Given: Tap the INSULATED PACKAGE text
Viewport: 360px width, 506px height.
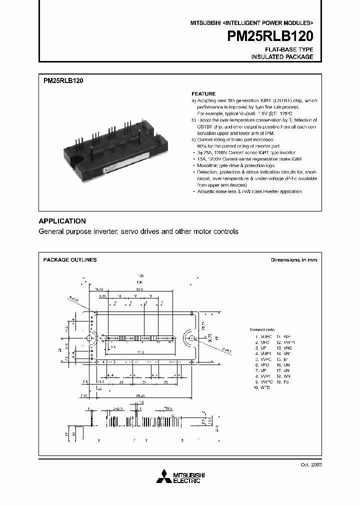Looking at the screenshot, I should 282,57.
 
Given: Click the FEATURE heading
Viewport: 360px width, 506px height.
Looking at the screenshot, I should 203,93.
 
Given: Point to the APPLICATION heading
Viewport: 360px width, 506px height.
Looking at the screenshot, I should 62,221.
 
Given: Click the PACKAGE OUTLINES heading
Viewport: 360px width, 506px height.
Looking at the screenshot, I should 70,260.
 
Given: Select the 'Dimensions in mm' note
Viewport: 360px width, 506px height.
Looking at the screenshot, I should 293,260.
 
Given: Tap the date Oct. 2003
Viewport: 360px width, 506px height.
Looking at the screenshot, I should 310,464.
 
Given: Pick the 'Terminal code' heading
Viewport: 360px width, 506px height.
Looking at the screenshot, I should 262,330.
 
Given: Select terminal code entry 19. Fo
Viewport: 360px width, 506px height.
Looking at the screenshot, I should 283,381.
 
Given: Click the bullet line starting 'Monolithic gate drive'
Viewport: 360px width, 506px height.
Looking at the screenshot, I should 235,165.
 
